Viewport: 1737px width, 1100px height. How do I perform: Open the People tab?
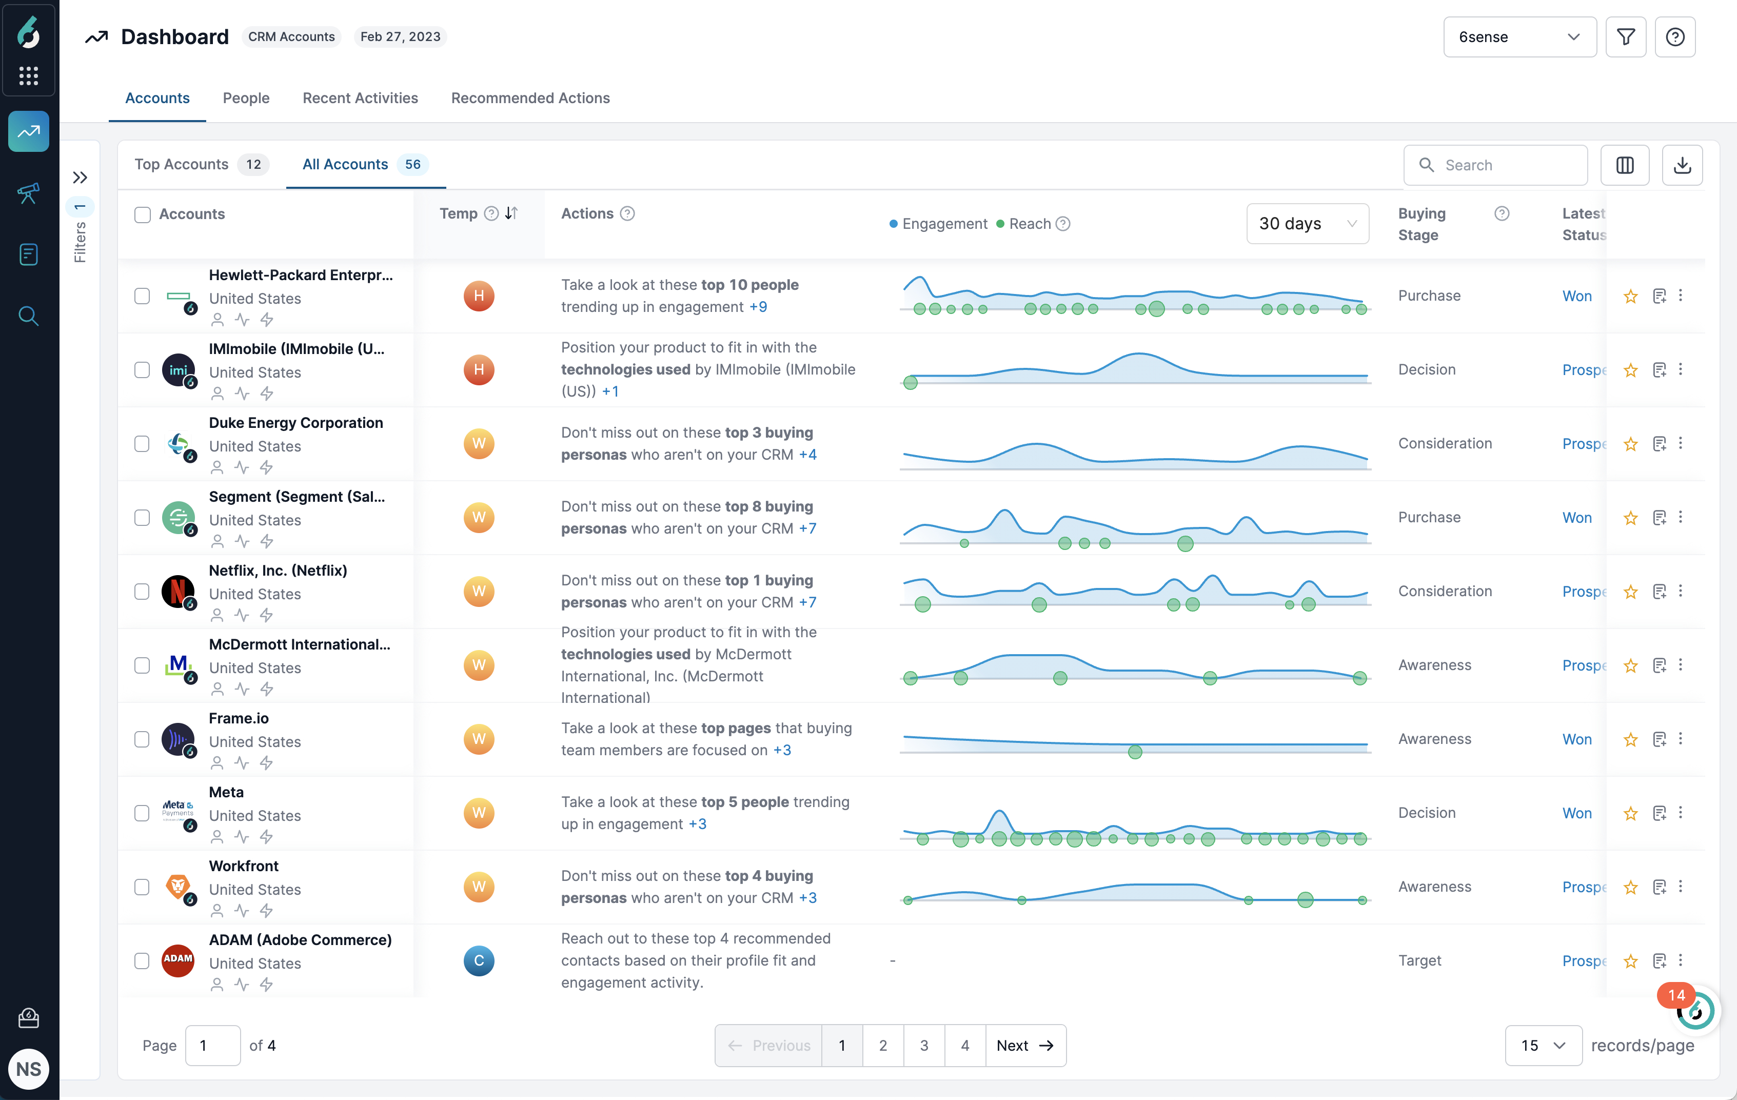click(x=246, y=98)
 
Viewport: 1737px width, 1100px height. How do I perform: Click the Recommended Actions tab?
click(x=530, y=98)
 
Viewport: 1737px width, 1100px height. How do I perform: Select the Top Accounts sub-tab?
click(x=182, y=165)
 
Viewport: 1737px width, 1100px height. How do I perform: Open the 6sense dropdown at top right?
click(x=1519, y=37)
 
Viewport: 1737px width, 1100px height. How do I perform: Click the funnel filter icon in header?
click(x=1625, y=37)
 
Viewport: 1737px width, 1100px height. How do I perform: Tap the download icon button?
click(x=1682, y=165)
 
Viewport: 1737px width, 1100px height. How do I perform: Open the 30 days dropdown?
click(x=1307, y=224)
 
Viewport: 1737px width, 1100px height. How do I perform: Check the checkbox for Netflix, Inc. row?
click(x=142, y=592)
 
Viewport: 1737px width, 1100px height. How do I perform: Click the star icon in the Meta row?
click(x=1630, y=814)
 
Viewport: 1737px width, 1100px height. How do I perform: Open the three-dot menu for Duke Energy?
click(x=1681, y=443)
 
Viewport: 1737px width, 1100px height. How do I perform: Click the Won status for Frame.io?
click(x=1577, y=739)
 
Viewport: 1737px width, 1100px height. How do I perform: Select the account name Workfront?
click(x=244, y=866)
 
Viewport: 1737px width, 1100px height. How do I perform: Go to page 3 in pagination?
click(x=923, y=1045)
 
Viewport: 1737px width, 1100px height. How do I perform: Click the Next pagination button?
click(x=1025, y=1045)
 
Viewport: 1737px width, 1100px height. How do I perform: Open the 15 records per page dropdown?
click(x=1543, y=1045)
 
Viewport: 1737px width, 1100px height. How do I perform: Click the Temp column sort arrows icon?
click(x=511, y=213)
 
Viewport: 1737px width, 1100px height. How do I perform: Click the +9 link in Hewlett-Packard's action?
click(x=758, y=307)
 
